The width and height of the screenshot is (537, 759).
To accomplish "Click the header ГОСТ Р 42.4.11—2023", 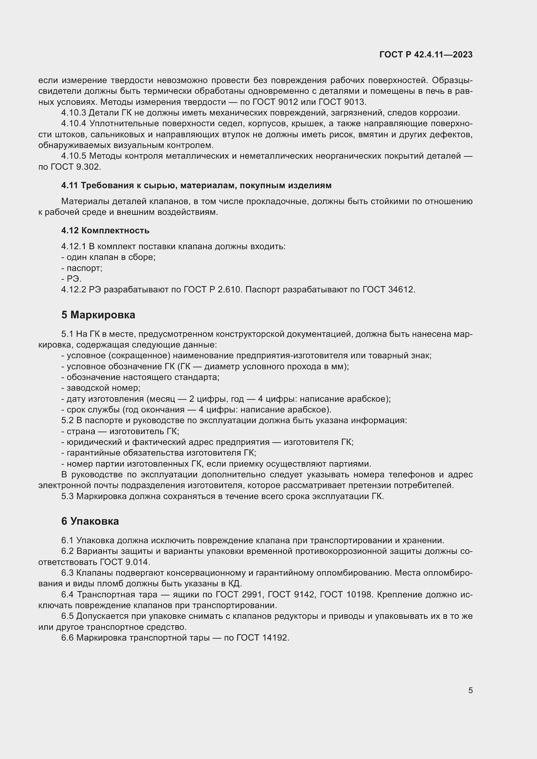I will pos(426,55).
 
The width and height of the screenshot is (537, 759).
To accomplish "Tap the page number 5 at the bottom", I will pos(470,690).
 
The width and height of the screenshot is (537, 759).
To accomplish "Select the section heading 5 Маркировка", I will pos(98,315).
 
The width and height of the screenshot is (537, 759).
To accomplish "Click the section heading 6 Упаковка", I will pos(90,521).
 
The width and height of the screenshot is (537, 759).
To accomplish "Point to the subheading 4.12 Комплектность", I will pos(105,230).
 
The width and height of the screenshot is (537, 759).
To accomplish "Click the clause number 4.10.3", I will pos(73,113).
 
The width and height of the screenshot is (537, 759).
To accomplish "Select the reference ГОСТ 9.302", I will pos(75,167).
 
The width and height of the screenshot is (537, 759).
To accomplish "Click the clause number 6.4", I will pos(68,595).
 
